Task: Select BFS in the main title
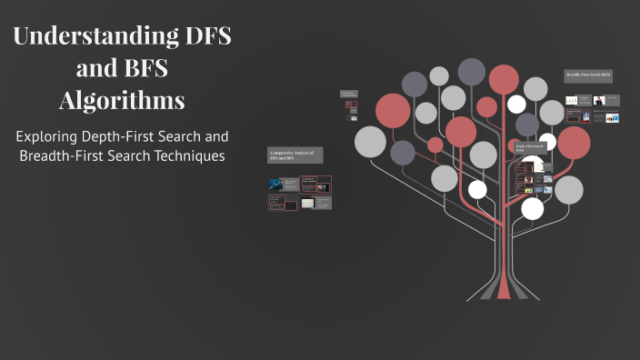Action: (144, 68)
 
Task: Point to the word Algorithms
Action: (122, 99)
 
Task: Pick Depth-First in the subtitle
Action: (135, 136)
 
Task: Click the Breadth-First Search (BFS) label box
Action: (588, 75)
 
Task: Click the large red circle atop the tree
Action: (503, 79)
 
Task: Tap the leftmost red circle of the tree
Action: (393, 111)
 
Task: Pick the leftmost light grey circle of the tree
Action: (370, 141)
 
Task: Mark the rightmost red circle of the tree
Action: (574, 142)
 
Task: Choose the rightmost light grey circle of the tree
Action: (568, 189)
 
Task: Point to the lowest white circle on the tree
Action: (533, 208)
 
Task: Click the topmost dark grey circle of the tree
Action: (472, 70)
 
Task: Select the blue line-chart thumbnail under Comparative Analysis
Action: (276, 185)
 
